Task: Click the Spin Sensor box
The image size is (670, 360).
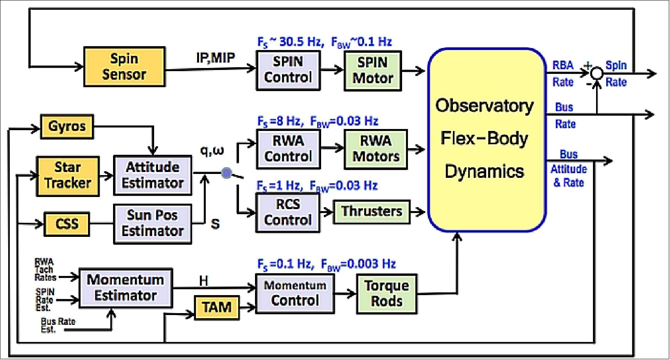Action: click(x=124, y=66)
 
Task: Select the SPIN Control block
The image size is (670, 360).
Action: click(x=288, y=70)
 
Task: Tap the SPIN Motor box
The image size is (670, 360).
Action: click(x=373, y=70)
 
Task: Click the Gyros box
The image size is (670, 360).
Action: click(x=67, y=126)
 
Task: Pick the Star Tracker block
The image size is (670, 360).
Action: click(x=67, y=176)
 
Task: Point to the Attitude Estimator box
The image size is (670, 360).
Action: click(x=153, y=175)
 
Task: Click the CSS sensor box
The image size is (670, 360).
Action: click(x=66, y=224)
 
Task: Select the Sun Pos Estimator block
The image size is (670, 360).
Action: click(x=152, y=223)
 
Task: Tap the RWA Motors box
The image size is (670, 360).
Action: click(x=375, y=149)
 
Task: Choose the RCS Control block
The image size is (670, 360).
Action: click(x=287, y=212)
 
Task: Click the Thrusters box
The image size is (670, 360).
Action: click(x=371, y=211)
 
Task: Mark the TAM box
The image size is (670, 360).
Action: click(x=217, y=307)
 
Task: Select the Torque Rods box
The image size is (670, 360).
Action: click(x=386, y=294)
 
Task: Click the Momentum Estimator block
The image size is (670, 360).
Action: click(x=125, y=288)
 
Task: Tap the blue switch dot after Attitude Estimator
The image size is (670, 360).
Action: click(x=226, y=173)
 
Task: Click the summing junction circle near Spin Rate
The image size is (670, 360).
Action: click(x=596, y=73)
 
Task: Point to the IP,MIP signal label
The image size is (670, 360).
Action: click(x=216, y=58)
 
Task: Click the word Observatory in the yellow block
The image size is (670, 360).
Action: click(x=484, y=106)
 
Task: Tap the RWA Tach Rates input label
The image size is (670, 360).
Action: click(x=45, y=270)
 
